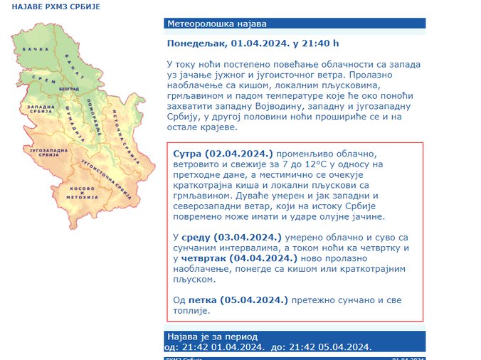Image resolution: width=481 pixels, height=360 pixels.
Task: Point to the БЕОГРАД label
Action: coord(68,86)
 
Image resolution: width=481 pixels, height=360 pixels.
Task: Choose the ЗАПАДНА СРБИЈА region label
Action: coord(41,110)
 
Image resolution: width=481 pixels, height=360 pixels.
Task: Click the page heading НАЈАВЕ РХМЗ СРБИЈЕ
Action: coord(56,6)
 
